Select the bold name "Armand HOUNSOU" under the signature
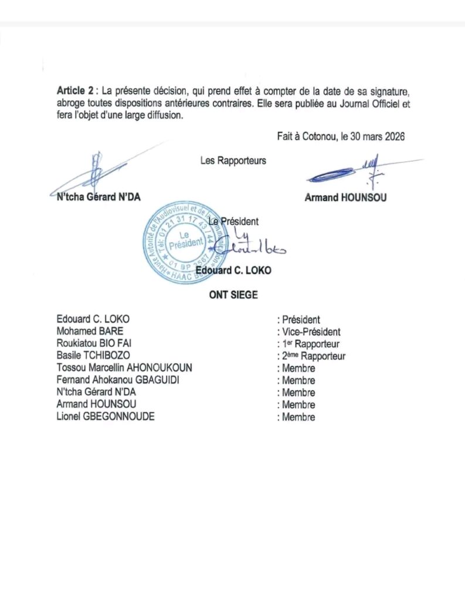345,197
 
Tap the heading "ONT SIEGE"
233,295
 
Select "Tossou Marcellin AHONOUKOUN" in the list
124,368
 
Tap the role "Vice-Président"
311,332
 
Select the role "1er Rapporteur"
311,344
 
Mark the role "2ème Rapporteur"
314,356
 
